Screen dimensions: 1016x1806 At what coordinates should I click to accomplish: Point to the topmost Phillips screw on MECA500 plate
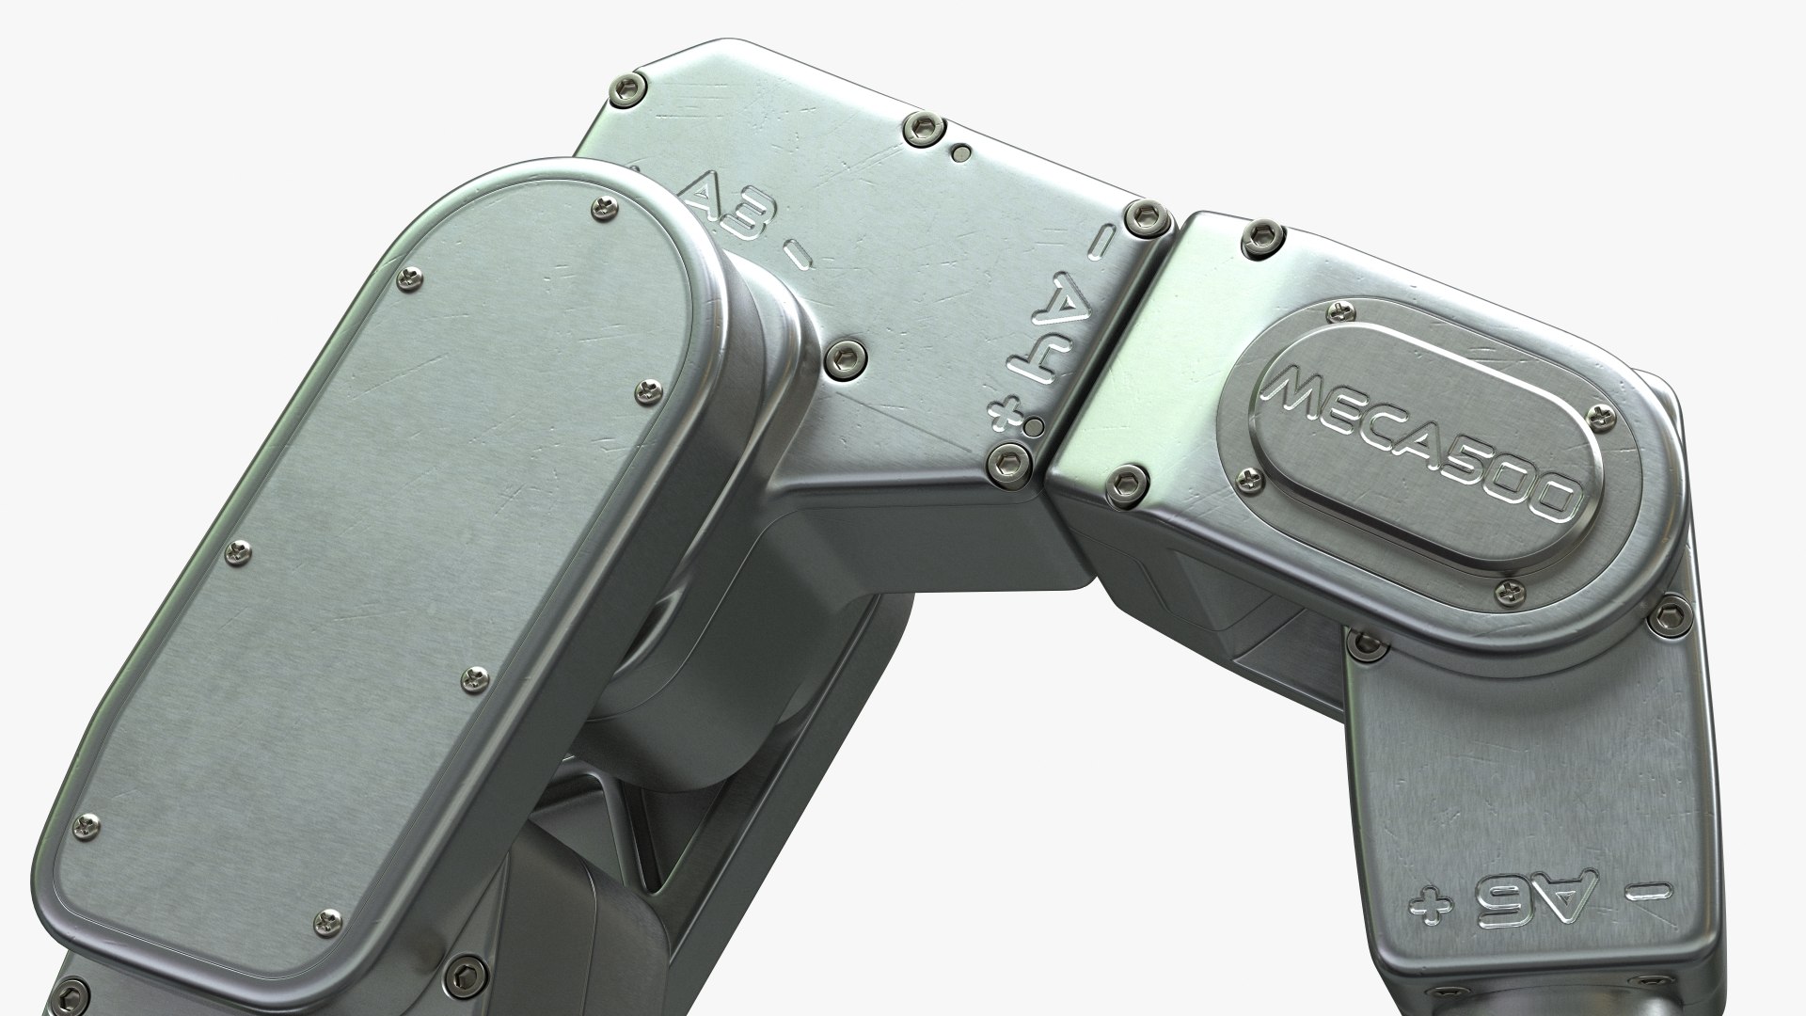click(x=1337, y=313)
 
